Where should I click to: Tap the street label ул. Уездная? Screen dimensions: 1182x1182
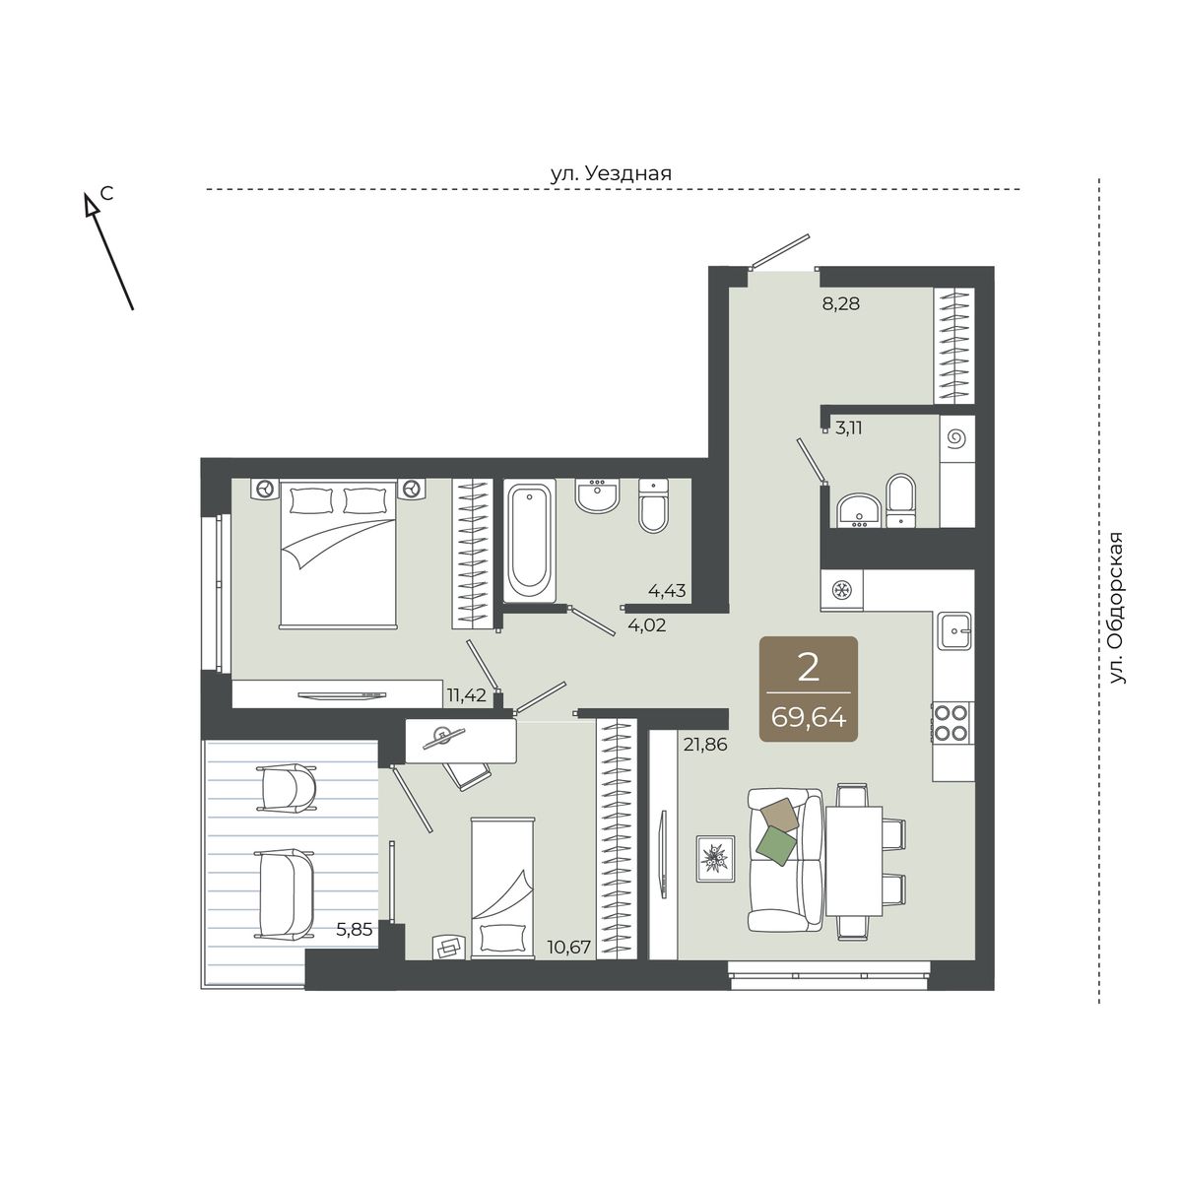point(611,173)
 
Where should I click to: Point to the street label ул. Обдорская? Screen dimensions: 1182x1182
point(1118,608)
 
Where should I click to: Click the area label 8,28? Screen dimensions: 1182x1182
point(841,303)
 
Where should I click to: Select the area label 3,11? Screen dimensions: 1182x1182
point(849,428)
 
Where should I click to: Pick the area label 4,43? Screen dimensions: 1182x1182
point(667,591)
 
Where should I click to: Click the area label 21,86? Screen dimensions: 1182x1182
point(705,745)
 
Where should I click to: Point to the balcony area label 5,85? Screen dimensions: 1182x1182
point(354,929)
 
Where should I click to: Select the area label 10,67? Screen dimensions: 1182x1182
point(570,947)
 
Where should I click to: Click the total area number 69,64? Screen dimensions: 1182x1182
point(809,718)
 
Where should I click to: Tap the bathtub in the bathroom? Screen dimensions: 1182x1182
point(530,541)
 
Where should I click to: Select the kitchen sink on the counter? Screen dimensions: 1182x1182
point(953,630)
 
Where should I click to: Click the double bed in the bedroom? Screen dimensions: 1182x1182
point(338,555)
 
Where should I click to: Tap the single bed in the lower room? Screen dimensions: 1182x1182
point(502,887)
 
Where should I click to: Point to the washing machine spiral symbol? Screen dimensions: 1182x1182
point(956,438)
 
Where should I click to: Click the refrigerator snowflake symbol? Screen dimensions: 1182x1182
point(840,590)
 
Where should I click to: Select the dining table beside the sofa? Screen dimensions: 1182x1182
point(854,860)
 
